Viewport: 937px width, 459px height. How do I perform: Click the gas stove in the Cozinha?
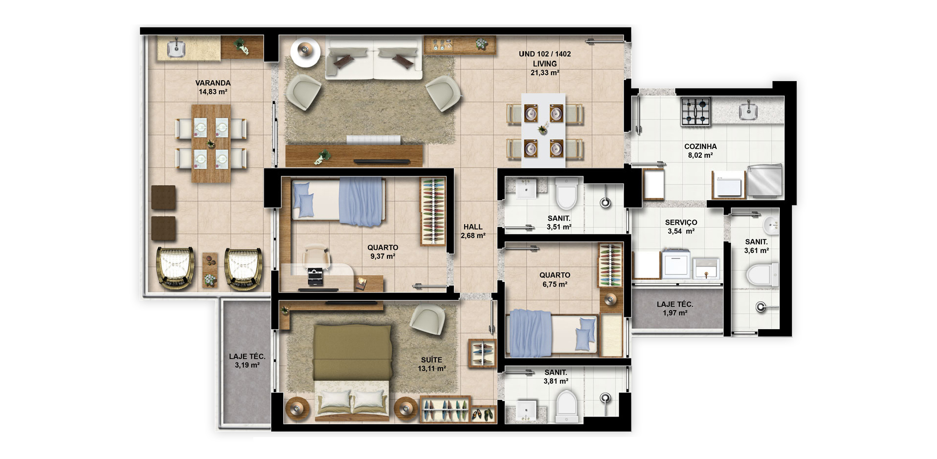[696, 112]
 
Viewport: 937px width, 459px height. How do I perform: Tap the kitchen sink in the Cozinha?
[748, 111]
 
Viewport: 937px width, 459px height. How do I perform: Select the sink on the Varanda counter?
[176, 48]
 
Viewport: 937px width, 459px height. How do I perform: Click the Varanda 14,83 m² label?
[213, 87]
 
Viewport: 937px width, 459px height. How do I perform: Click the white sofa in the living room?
[373, 59]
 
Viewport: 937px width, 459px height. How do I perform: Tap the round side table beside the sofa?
[306, 51]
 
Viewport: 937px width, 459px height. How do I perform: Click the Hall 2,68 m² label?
[473, 231]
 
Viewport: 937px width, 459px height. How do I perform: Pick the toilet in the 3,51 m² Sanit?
[567, 194]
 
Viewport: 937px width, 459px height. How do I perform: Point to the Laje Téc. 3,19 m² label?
[247, 361]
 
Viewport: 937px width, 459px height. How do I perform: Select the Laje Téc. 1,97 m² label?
[675, 309]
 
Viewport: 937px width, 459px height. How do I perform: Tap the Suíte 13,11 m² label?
[432, 364]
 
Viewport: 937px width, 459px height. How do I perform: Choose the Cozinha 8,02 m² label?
[700, 151]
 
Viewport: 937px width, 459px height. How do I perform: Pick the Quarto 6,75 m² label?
[555, 280]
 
